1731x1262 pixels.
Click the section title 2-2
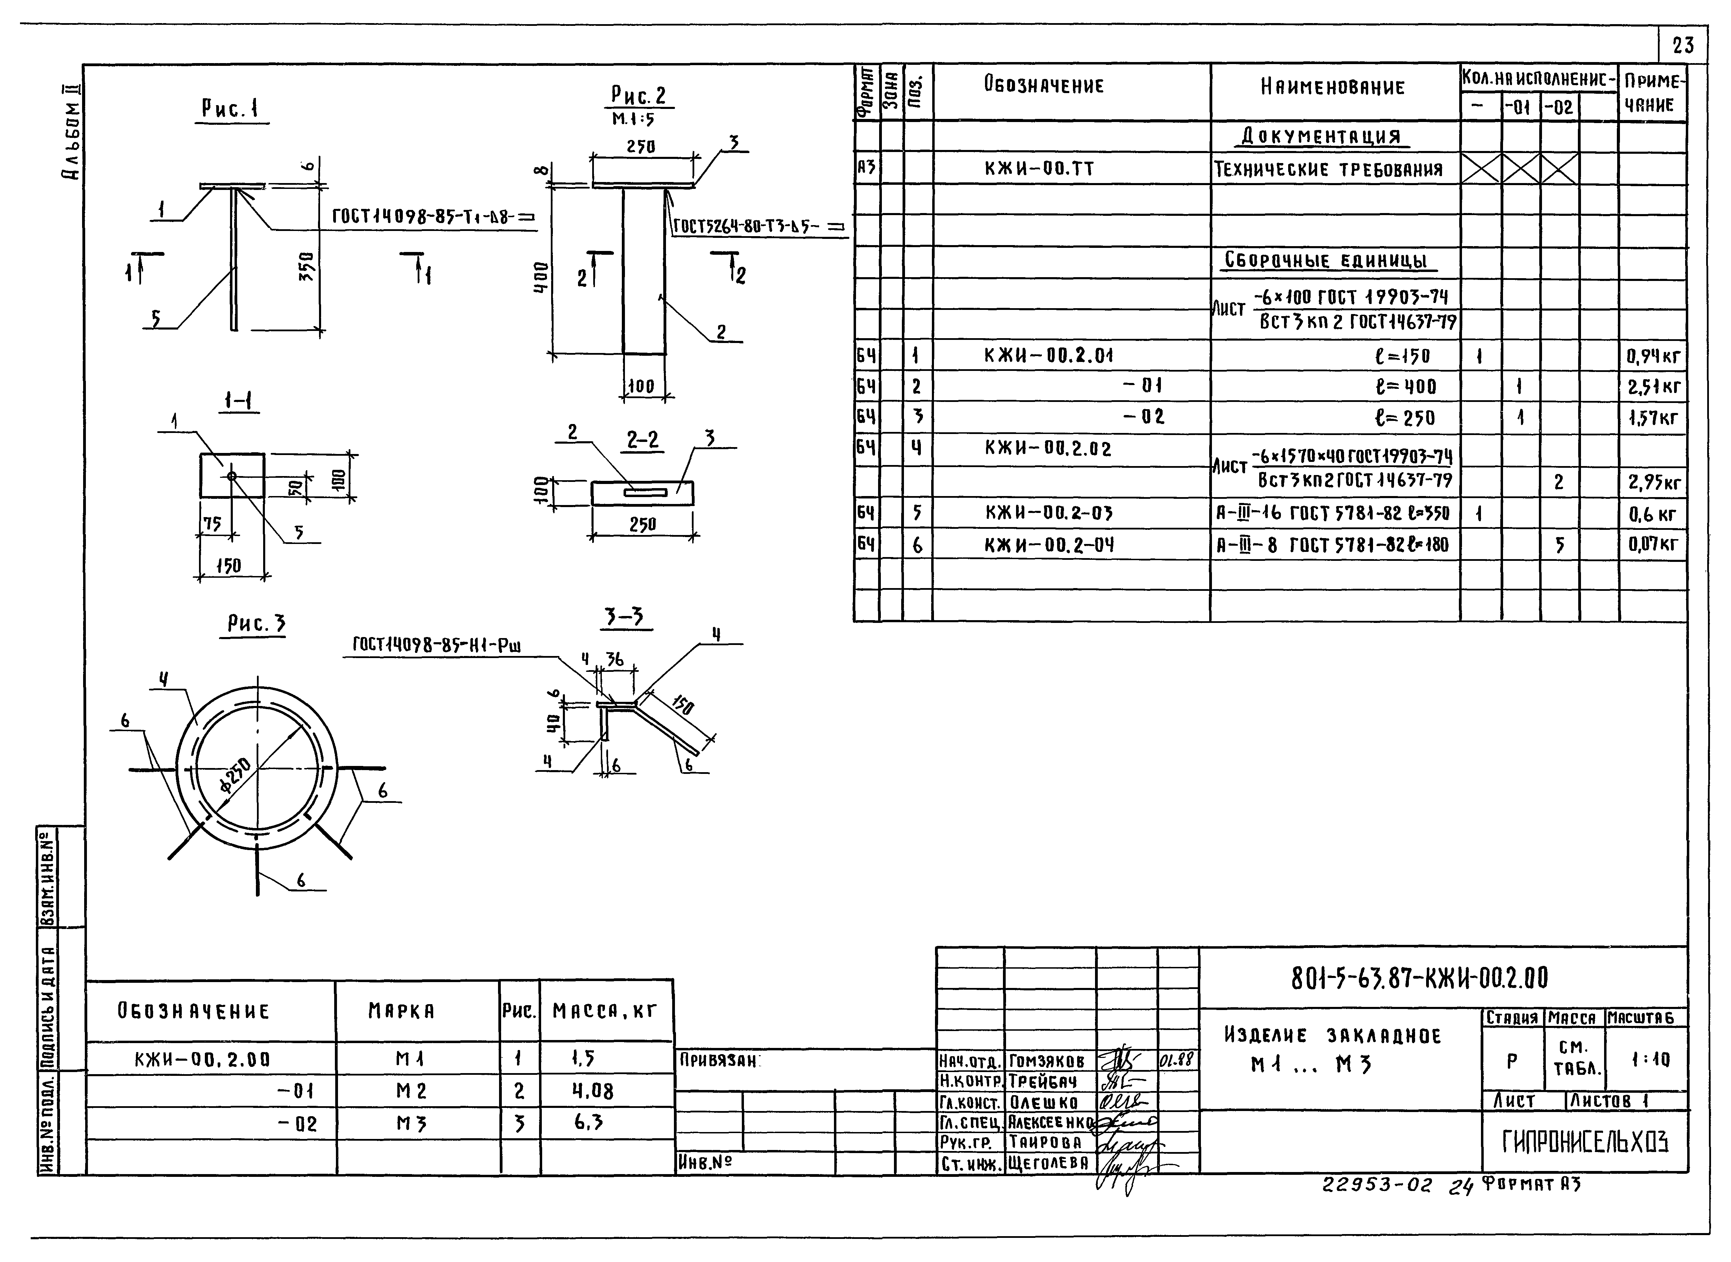(x=643, y=441)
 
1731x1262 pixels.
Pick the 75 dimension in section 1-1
(x=212, y=524)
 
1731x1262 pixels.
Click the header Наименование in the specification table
(x=1332, y=87)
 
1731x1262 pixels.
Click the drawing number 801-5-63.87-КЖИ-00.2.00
(x=1419, y=979)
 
